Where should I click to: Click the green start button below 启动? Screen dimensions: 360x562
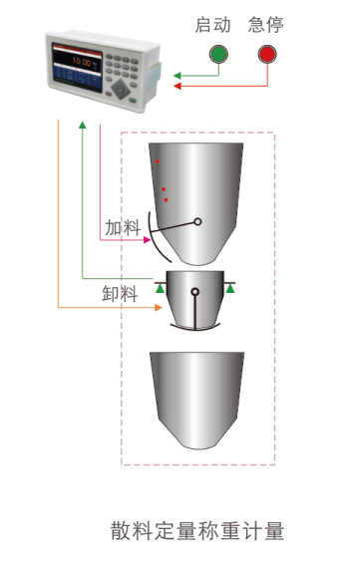pos(218,54)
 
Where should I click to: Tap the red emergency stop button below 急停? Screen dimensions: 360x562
pos(267,54)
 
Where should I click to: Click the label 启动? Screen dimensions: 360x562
pos(212,25)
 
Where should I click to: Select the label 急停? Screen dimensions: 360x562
pos(265,25)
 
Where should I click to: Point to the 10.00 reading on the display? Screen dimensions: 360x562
pos(82,62)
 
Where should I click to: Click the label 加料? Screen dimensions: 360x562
pos(123,227)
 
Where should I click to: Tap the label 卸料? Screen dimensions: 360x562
pos(120,294)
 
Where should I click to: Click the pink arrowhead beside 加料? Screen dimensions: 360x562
pos(147,240)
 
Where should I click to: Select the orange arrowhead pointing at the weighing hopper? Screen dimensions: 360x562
pos(159,307)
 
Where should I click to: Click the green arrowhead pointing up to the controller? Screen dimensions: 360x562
pos(83,125)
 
